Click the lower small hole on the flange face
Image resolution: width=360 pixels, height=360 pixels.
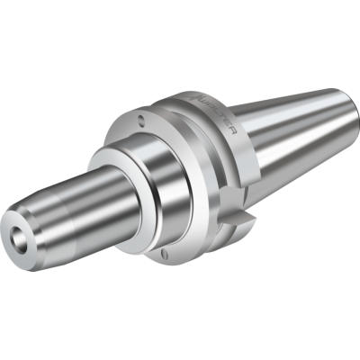167,256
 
